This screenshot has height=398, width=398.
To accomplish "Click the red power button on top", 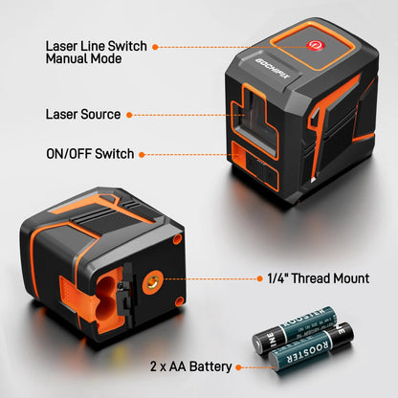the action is pyautogui.click(x=314, y=45).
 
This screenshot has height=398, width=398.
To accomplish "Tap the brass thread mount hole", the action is pyautogui.click(x=152, y=281).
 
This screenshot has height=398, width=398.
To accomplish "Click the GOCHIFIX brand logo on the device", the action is pyautogui.click(x=274, y=69).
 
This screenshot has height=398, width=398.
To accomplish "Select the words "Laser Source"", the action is pyautogui.click(x=83, y=115).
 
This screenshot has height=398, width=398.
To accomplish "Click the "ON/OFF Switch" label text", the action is pyautogui.click(x=90, y=154).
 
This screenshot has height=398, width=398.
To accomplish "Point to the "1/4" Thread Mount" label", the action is pyautogui.click(x=318, y=278).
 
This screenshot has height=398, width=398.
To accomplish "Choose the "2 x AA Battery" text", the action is pyautogui.click(x=190, y=366).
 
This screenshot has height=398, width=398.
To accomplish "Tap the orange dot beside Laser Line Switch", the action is pyautogui.click(x=155, y=47).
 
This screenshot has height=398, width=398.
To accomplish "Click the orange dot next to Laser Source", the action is pyautogui.click(x=129, y=115).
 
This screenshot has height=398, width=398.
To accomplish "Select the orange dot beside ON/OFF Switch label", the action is pyautogui.click(x=142, y=155).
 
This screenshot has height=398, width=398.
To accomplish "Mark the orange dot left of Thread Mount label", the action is pyautogui.click(x=259, y=278).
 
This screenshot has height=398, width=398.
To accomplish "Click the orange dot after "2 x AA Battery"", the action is pyautogui.click(x=238, y=367).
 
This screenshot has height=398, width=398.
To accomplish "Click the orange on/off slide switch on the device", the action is pyautogui.click(x=238, y=154).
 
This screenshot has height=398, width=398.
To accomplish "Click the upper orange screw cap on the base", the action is pyautogui.click(x=178, y=239).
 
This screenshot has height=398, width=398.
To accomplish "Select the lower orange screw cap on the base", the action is pyautogui.click(x=180, y=301).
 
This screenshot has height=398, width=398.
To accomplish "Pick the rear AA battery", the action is pyautogui.click(x=295, y=329).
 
